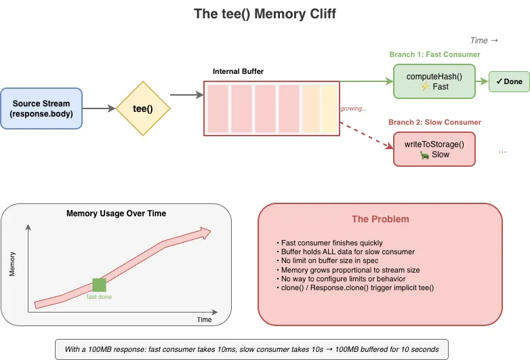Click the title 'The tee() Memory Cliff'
pyautogui.click(x=264, y=14)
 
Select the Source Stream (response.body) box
pyautogui.click(x=41, y=108)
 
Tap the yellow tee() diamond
pyautogui.click(x=142, y=108)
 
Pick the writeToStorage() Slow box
pyautogui.click(x=435, y=149)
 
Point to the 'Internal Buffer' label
pyautogui.click(x=238, y=71)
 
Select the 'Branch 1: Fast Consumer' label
pyautogui.click(x=434, y=54)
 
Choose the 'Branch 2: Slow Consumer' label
pyautogui.click(x=434, y=122)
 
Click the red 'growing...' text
pyautogui.click(x=354, y=108)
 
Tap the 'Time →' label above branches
pyautogui.click(x=484, y=41)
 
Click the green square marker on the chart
pyautogui.click(x=100, y=285)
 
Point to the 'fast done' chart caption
pyautogui.click(x=100, y=296)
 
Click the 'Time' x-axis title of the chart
pyautogui.click(x=204, y=319)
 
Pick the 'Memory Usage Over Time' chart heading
pyautogui.click(x=117, y=213)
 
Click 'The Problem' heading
pyautogui.click(x=380, y=219)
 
